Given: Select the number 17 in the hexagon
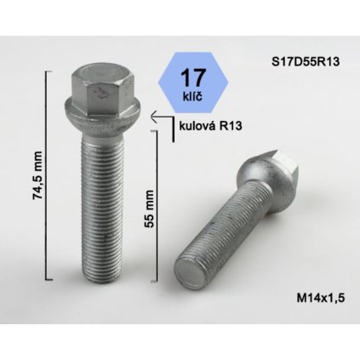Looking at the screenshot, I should (x=191, y=77).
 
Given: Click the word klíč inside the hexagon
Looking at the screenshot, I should (x=191, y=95).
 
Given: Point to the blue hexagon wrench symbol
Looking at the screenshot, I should (x=191, y=84).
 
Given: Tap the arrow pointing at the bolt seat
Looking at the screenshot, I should (x=158, y=120).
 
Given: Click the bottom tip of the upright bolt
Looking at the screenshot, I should (x=95, y=283).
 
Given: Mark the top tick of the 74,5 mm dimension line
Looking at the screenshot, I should (x=50, y=74).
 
